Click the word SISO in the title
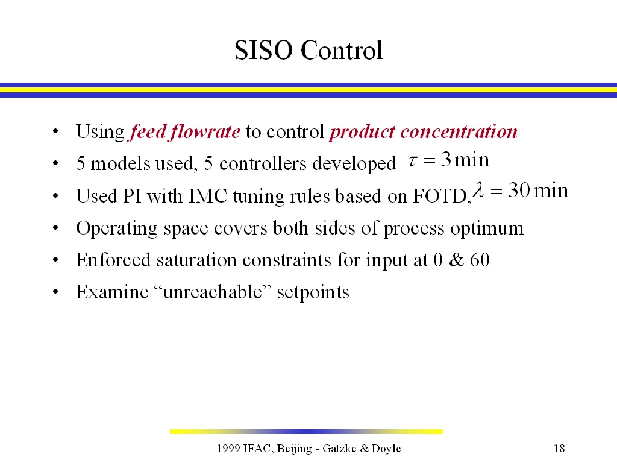point(263,51)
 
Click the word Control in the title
point(342,51)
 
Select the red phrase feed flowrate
point(184,131)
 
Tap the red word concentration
point(459,131)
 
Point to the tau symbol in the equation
point(412,160)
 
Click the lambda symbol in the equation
point(478,189)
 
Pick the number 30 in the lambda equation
point(519,190)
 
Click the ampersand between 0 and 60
point(456,260)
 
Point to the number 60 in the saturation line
point(480,260)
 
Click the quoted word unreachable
point(213,292)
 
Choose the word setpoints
point(313,292)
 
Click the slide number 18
point(559,448)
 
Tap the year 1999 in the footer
point(228,448)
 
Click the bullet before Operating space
point(55,228)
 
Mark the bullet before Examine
point(55,292)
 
